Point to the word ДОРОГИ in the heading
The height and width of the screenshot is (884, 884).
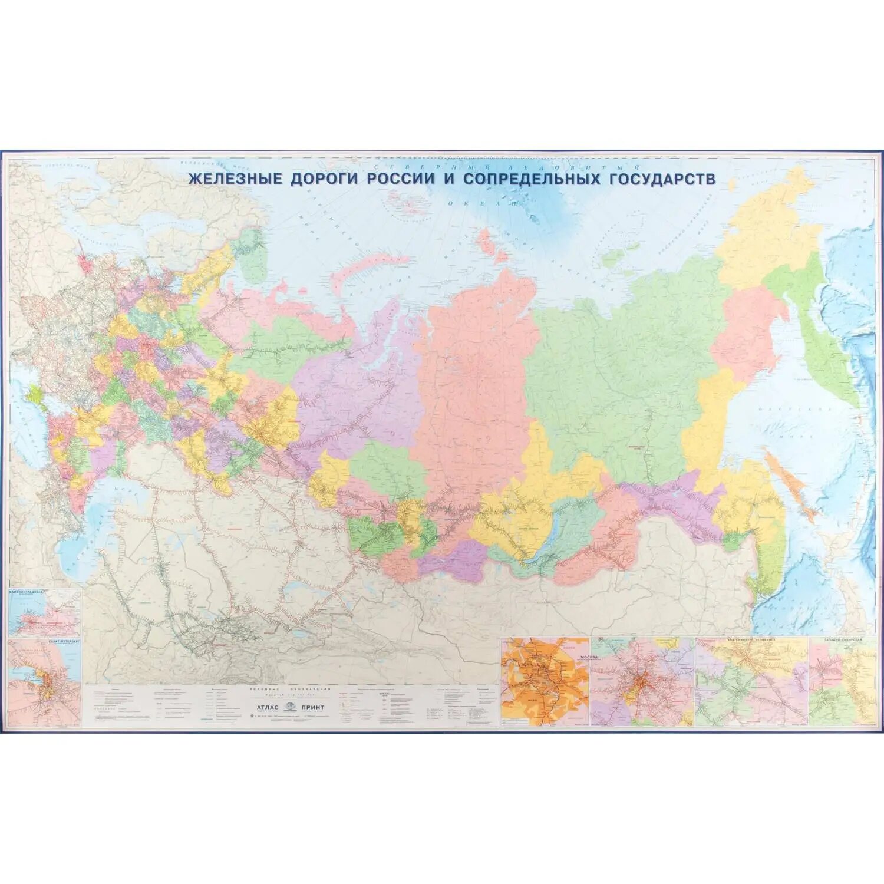(x=324, y=179)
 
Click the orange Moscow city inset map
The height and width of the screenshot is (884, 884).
(x=543, y=684)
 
